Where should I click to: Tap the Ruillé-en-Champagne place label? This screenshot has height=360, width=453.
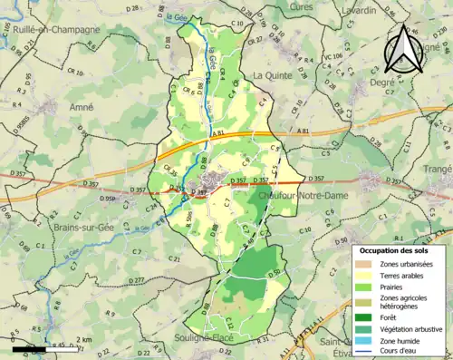coord(51,30)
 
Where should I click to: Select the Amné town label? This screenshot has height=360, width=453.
coord(82,106)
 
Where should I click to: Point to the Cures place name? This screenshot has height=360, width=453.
coord(300,6)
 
